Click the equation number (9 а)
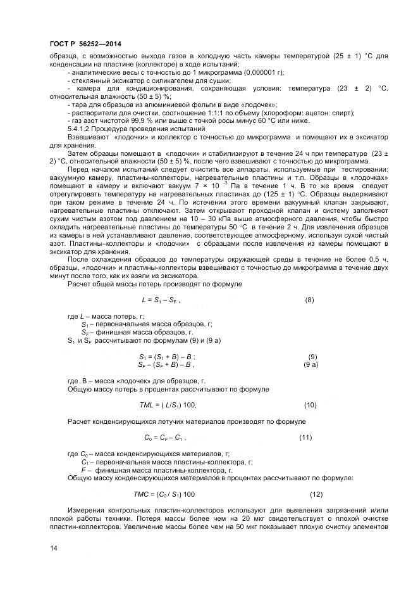[x=311, y=365]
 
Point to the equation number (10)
[x=310, y=404]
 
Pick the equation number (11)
[x=305, y=437]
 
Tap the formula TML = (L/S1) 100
[x=168, y=404]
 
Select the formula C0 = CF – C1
[x=165, y=437]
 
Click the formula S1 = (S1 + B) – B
[x=168, y=357]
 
